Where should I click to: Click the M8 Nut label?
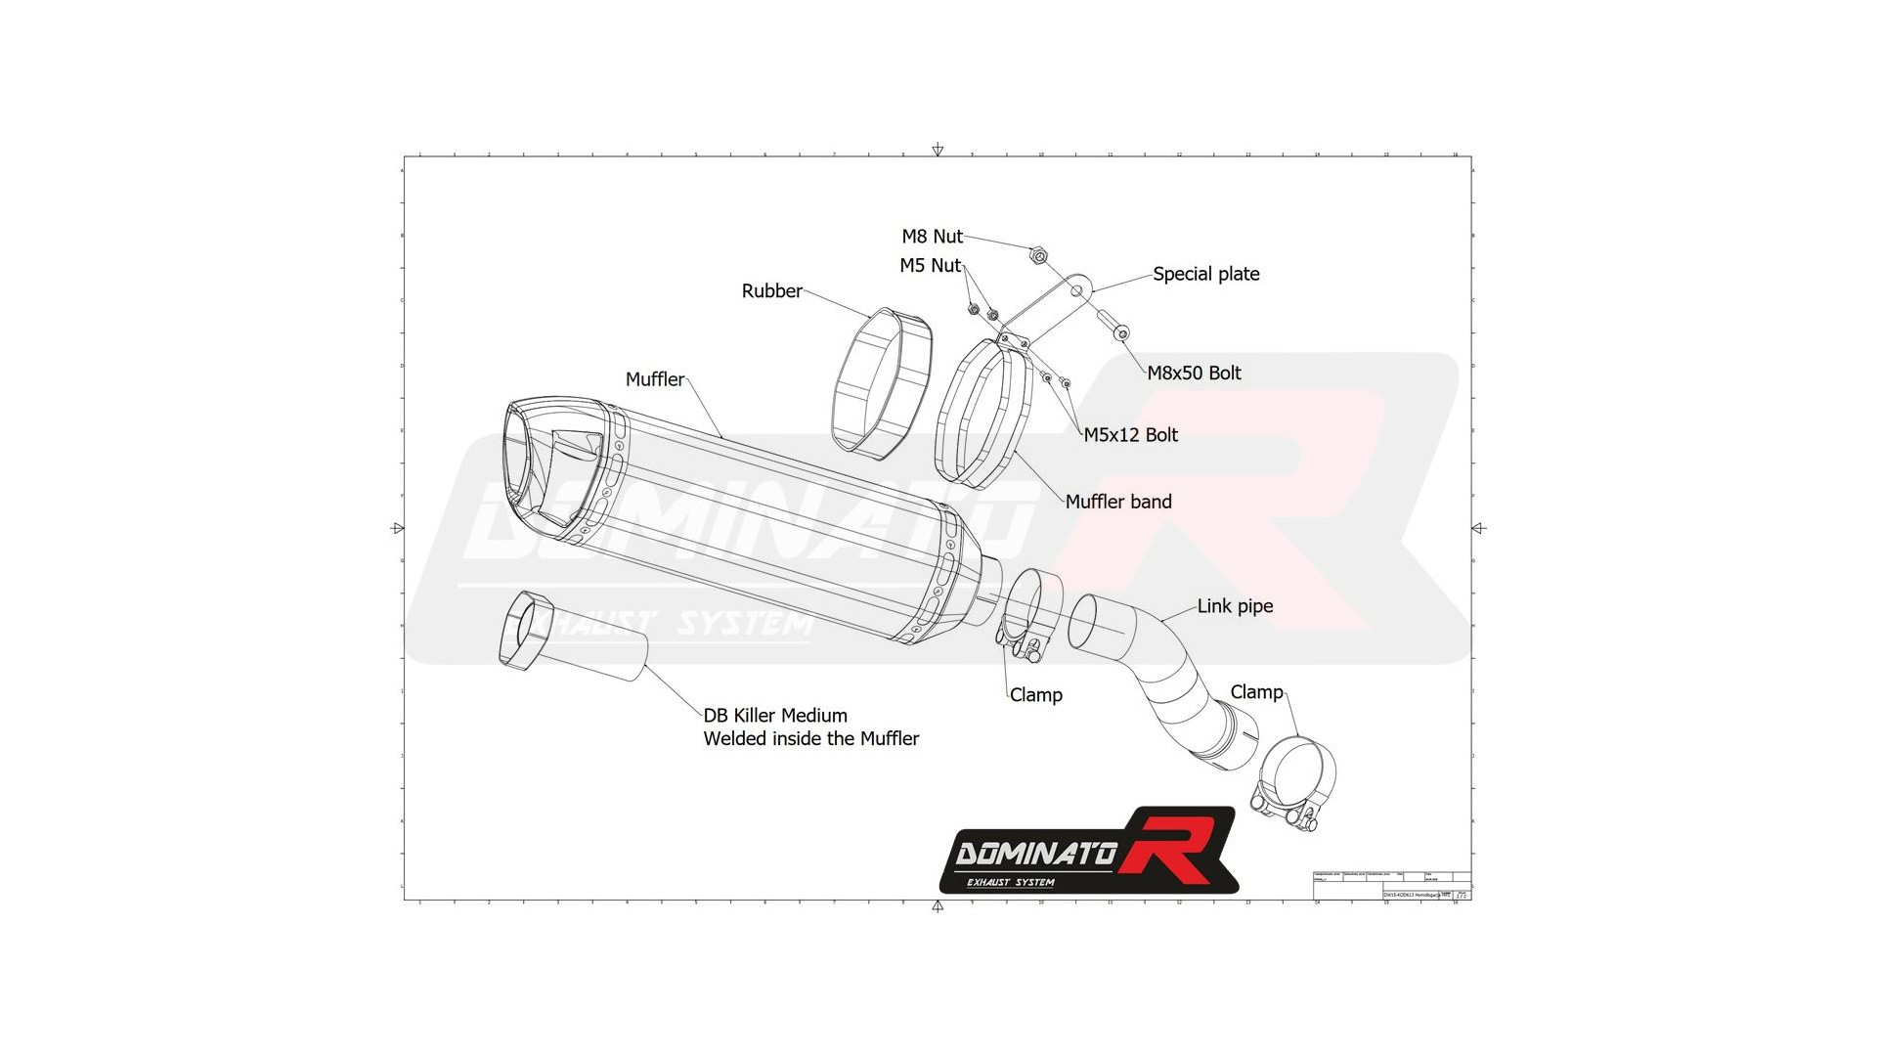pos(932,237)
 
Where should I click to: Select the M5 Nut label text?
pos(930,266)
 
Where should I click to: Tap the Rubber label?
pos(771,291)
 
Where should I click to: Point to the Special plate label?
pos(1205,275)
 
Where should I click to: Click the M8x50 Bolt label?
pos(1194,374)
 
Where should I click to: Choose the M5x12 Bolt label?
pos(1130,435)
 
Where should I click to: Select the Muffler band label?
pos(1117,502)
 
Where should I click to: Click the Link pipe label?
pos(1235,606)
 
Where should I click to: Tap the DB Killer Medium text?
pos(775,716)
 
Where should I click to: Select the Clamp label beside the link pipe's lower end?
pos(1256,692)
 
